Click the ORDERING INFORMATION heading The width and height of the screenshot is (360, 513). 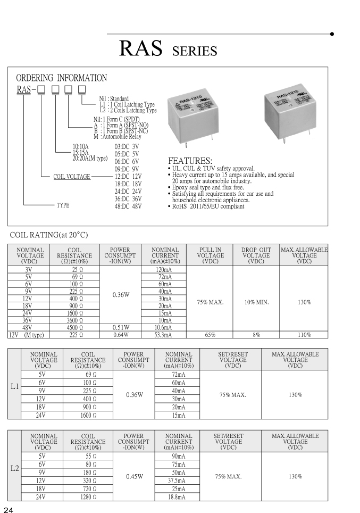[x=61, y=78]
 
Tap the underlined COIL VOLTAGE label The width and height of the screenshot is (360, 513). [x=72, y=177]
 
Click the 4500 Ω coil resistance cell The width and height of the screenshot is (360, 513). [x=73, y=328]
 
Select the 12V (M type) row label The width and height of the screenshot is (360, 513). [x=27, y=335]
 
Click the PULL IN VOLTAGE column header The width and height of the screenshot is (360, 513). [x=210, y=255]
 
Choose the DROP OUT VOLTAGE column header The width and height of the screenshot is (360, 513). [x=256, y=255]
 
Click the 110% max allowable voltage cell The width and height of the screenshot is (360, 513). [x=304, y=335]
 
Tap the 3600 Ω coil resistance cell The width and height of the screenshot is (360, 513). [x=73, y=321]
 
